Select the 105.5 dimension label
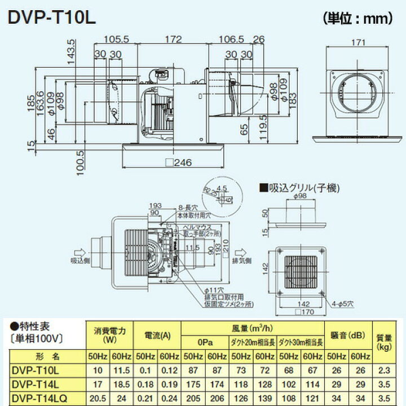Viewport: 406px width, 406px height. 117,39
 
